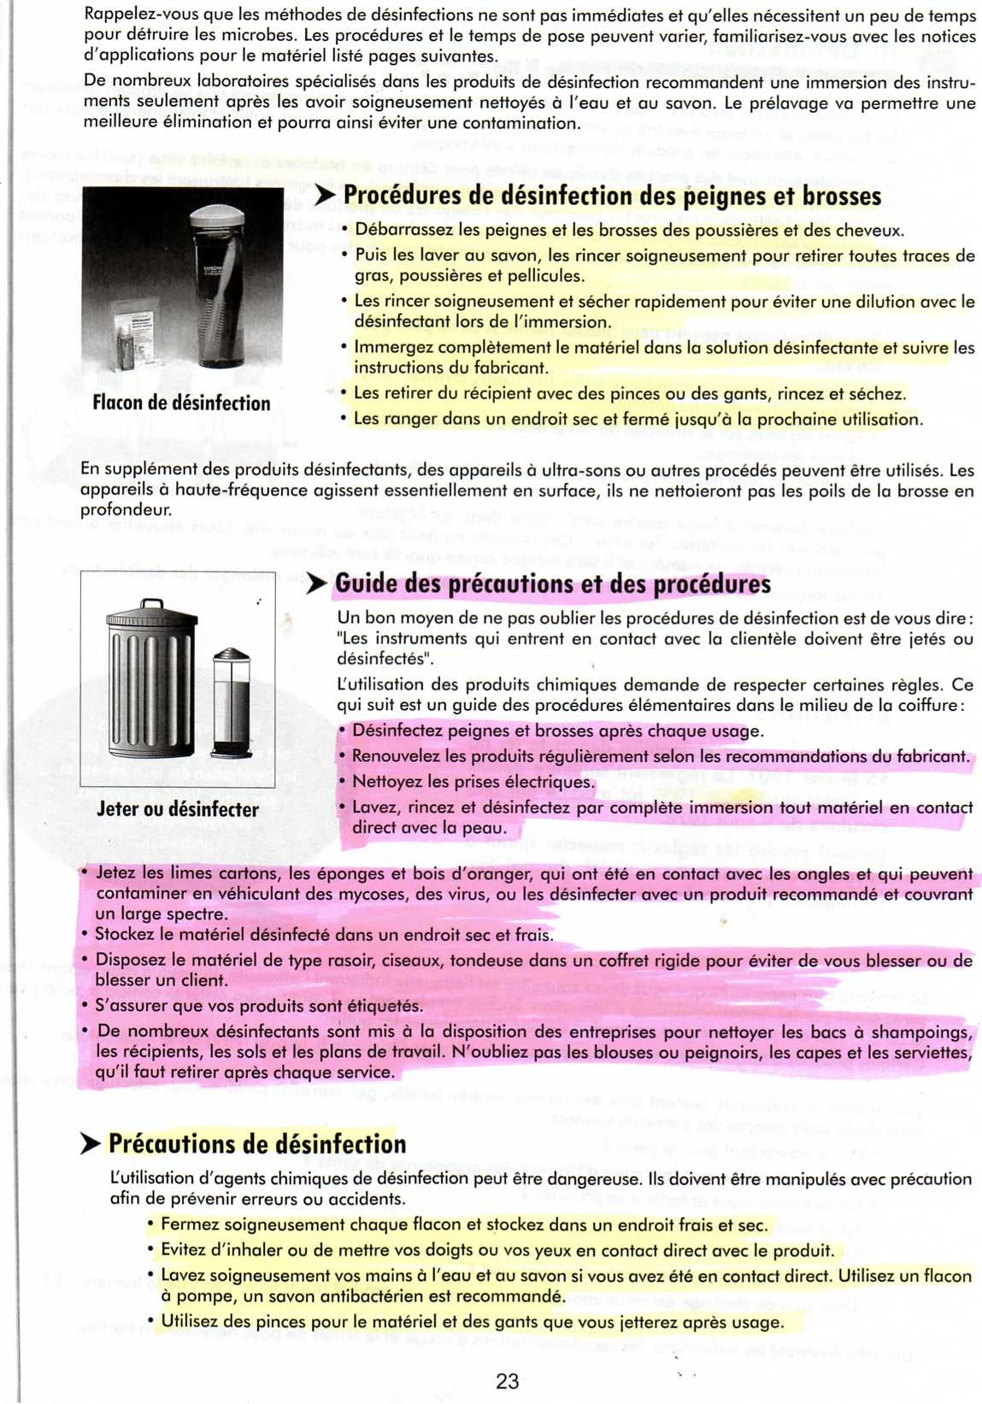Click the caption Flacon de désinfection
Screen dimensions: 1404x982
point(181,403)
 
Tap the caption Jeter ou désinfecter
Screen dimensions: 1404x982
point(178,809)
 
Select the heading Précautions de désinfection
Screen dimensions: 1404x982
point(257,1144)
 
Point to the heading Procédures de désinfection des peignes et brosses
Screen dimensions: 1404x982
point(612,196)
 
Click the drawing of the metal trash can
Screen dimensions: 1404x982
point(150,680)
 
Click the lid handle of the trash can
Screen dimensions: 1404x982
point(152,603)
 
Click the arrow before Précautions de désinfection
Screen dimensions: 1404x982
point(91,1144)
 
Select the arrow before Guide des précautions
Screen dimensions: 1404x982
point(317,585)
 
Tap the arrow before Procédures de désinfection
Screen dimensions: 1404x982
point(325,196)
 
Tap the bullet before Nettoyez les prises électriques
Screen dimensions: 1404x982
point(342,781)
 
